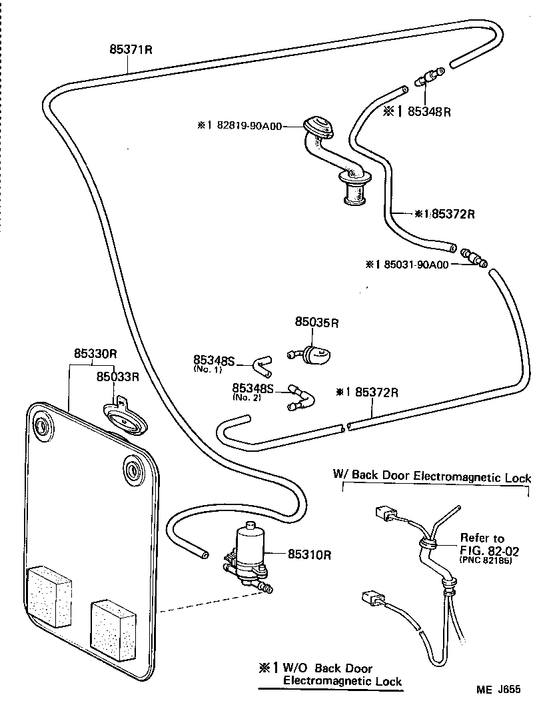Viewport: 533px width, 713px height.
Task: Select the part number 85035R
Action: coord(317,323)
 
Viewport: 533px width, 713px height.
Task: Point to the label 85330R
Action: coord(95,354)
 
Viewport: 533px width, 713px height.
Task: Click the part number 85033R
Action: coord(117,376)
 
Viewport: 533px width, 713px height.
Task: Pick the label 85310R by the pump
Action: coord(310,554)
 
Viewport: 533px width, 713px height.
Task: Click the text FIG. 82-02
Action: coord(489,551)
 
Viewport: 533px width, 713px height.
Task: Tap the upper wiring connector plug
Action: coord(382,514)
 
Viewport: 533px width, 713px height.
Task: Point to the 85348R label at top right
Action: coord(429,111)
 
